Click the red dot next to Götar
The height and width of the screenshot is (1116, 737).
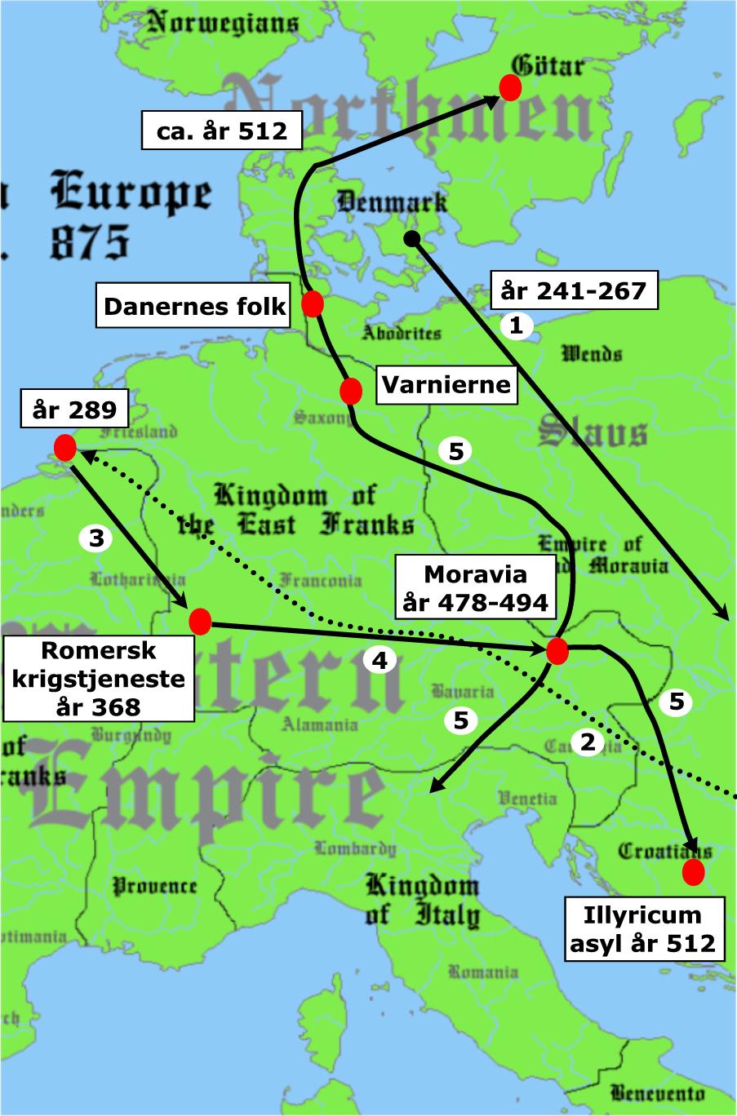pos(510,86)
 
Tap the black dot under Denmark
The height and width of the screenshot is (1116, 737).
pos(412,238)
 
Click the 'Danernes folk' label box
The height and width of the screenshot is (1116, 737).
pos(195,306)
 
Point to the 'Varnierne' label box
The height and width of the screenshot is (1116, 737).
pos(446,385)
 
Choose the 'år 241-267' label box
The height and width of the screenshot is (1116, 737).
pos(573,290)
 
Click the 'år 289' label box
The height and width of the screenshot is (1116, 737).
pos(74,410)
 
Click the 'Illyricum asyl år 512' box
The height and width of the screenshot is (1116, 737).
pos(643,928)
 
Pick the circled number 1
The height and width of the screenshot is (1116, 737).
pos(516,326)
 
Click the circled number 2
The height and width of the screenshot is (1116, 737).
pos(588,742)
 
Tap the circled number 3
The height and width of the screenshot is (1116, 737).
pos(95,538)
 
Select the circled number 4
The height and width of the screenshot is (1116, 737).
pos(380,659)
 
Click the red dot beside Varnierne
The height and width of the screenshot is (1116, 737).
pos(351,392)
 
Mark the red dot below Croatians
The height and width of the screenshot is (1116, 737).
pos(694,872)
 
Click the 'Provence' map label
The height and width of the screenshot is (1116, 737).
pos(154,885)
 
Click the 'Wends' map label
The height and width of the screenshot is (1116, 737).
pos(592,353)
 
